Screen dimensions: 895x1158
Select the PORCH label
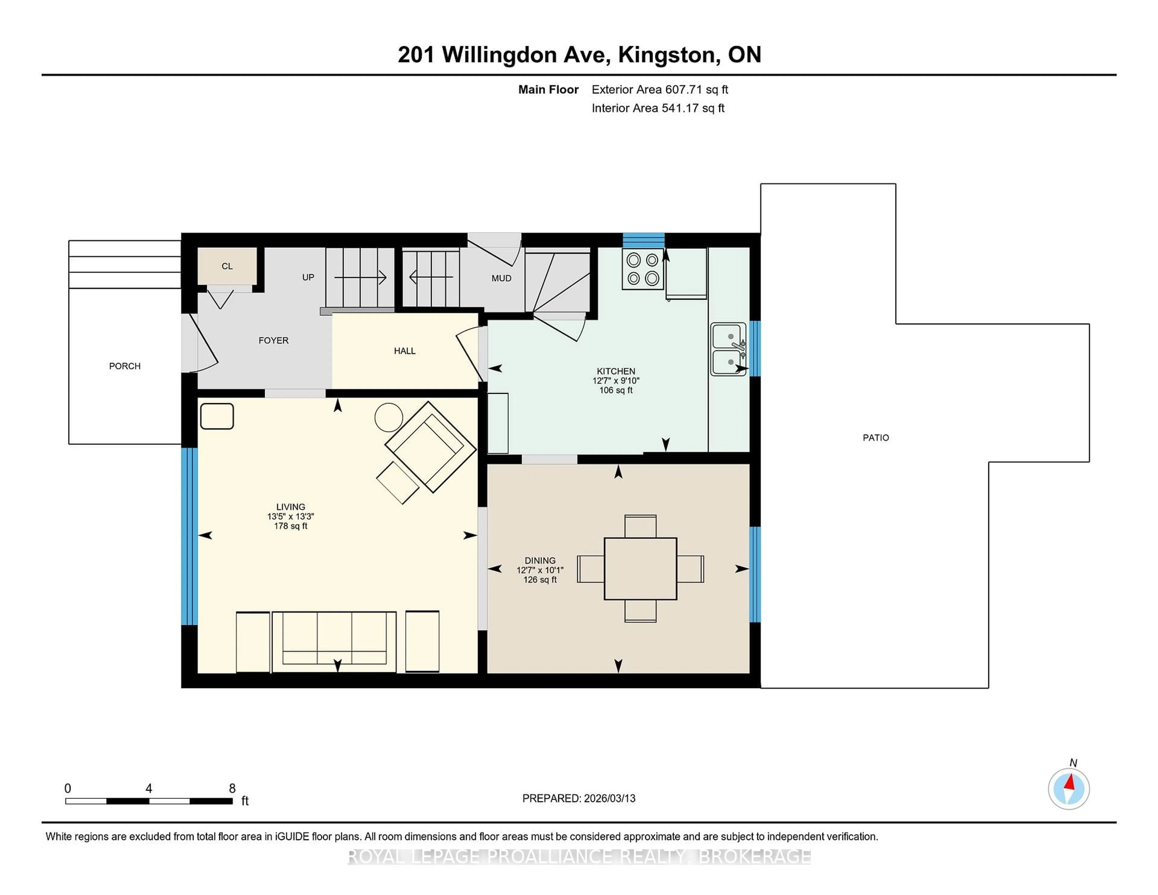click(125, 366)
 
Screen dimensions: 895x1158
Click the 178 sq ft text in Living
click(291, 526)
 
